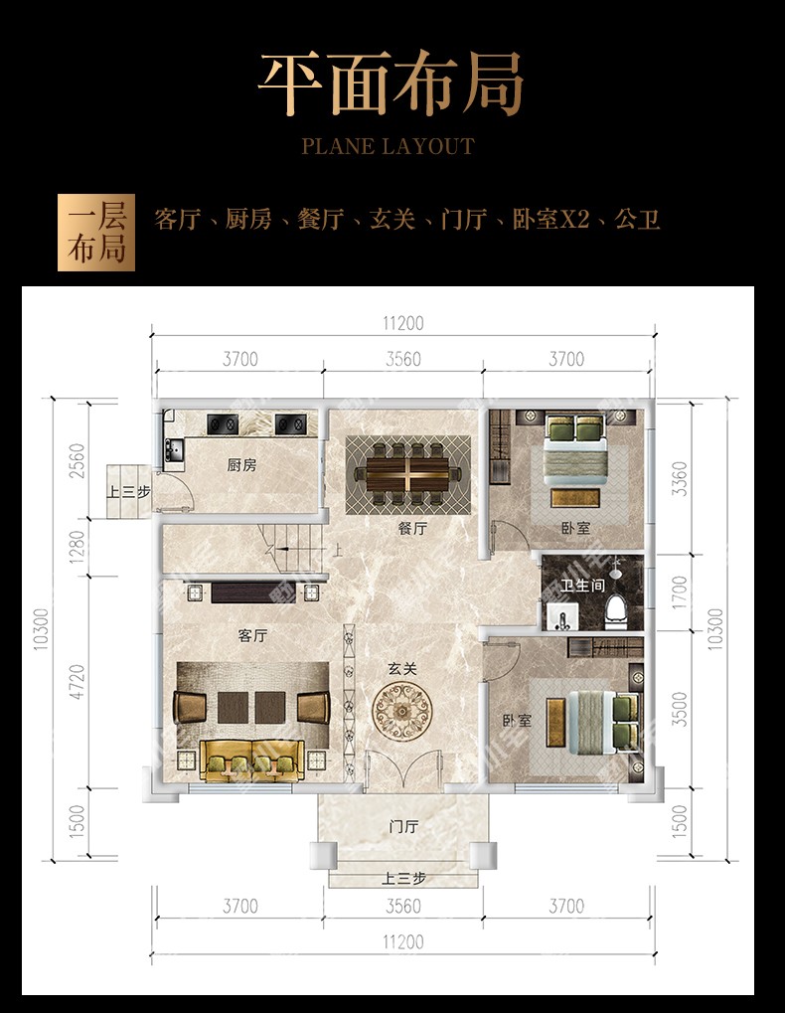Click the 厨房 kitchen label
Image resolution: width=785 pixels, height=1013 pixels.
pyautogui.click(x=242, y=464)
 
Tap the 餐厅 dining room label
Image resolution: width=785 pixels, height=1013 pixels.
pyautogui.click(x=412, y=528)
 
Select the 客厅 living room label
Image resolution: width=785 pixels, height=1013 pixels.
pyautogui.click(x=252, y=635)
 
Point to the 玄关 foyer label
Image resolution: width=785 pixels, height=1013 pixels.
pyautogui.click(x=402, y=669)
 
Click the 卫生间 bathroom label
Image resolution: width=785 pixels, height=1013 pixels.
pyautogui.click(x=582, y=586)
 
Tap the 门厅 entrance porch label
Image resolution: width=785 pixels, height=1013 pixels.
pyautogui.click(x=404, y=826)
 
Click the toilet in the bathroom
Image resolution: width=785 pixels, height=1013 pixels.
pyautogui.click(x=616, y=611)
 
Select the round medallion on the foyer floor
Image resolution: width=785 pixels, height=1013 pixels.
pyautogui.click(x=401, y=712)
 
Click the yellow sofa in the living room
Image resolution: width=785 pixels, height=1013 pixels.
pyautogui.click(x=251, y=760)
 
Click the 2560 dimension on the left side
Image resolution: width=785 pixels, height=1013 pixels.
pyautogui.click(x=77, y=460)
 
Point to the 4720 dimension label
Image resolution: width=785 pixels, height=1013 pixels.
pyautogui.click(x=77, y=682)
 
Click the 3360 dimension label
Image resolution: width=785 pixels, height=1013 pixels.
pyautogui.click(x=679, y=479)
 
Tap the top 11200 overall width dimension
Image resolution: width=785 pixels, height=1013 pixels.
pyautogui.click(x=403, y=322)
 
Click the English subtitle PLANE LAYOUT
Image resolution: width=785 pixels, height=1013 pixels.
pyautogui.click(x=389, y=147)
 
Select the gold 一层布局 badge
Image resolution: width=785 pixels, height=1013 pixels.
pyautogui.click(x=96, y=233)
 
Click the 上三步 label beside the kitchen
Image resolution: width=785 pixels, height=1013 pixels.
pyautogui.click(x=128, y=492)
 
